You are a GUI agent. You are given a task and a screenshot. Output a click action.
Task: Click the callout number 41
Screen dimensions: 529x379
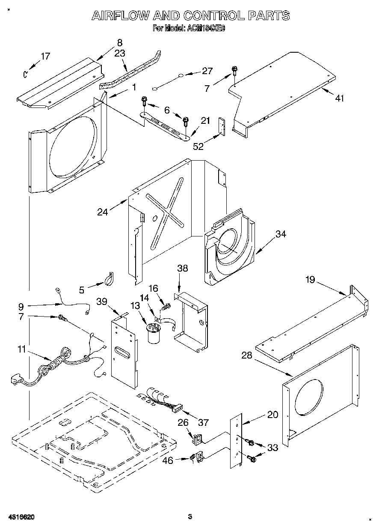point(339,99)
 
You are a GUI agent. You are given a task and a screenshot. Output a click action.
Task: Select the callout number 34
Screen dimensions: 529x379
point(281,234)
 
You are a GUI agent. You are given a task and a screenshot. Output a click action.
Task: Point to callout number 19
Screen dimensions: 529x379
point(310,280)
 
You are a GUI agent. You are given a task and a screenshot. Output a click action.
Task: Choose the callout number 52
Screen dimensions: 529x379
point(198,146)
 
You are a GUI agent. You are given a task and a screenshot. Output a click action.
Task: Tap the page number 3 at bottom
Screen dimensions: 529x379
point(190,517)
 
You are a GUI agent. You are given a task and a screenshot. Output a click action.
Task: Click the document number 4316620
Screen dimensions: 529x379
point(21,517)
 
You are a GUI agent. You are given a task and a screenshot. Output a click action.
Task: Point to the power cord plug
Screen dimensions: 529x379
point(17,379)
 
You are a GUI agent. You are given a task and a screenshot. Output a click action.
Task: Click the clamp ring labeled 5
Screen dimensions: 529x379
point(108,280)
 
